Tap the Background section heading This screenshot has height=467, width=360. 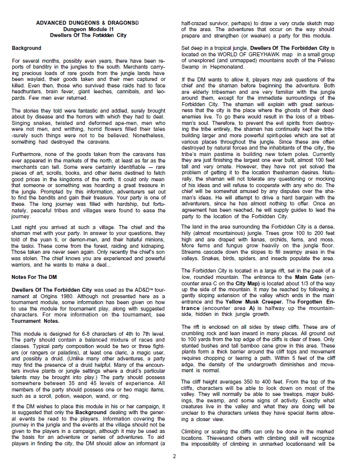pos(27,48)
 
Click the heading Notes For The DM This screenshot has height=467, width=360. pos(35,276)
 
